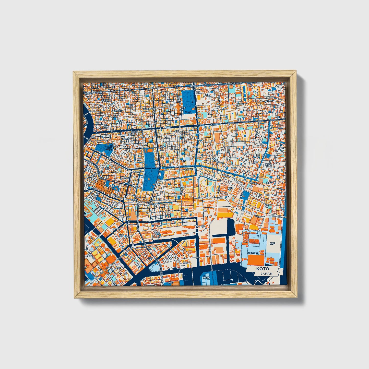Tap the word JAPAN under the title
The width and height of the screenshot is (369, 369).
pos(266,273)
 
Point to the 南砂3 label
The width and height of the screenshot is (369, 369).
pos(231,188)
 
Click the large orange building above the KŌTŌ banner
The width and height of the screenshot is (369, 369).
pos(256,260)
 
